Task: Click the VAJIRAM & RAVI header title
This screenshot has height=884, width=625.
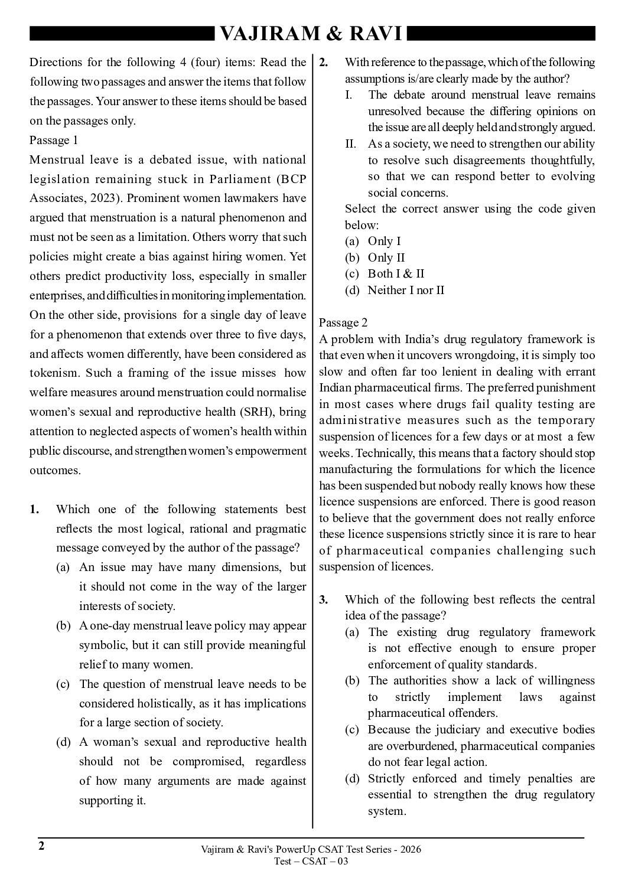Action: tap(311, 34)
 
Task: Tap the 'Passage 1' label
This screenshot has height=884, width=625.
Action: tap(54, 141)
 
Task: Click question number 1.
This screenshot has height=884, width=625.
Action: tap(35, 510)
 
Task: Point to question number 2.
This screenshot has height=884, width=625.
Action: tap(324, 63)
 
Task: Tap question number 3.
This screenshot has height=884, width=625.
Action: tap(324, 600)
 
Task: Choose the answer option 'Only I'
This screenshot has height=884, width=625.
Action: tap(384, 241)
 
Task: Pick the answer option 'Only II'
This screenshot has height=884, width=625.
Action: tap(386, 257)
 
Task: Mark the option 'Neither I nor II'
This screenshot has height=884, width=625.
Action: tap(406, 290)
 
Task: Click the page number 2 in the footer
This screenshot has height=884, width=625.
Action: tap(41, 846)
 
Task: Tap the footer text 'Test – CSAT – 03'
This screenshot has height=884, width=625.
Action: tap(311, 861)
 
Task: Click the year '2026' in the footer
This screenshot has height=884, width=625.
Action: tap(409, 850)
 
